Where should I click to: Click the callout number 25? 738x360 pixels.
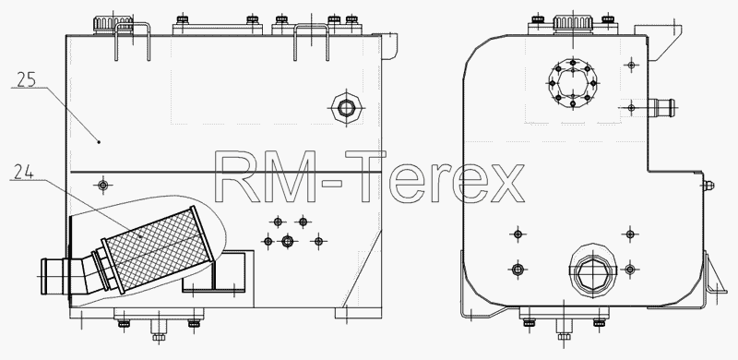click(x=27, y=79)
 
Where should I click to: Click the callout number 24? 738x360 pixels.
click(x=24, y=172)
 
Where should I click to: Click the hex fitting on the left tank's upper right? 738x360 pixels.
click(x=347, y=108)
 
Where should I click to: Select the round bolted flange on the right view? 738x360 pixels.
click(x=573, y=83)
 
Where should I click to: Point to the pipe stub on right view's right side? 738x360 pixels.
click(x=661, y=107)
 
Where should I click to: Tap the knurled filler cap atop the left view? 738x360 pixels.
click(x=113, y=24)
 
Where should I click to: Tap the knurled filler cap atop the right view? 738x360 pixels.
click(x=572, y=24)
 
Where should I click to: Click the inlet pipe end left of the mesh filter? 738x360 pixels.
click(x=53, y=276)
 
